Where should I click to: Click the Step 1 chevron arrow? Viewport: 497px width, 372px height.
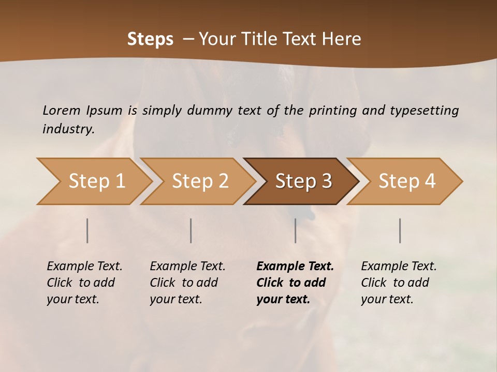(96, 181)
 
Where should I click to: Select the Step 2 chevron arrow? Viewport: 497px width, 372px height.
(200, 181)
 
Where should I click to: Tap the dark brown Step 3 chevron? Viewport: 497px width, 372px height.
(303, 181)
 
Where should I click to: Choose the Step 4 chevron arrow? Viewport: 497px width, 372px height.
(407, 181)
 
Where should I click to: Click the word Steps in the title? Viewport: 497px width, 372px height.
(150, 39)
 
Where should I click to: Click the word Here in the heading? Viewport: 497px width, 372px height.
(341, 39)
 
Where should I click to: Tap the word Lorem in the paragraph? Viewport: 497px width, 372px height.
(62, 110)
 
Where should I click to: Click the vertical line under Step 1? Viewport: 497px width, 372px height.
(87, 230)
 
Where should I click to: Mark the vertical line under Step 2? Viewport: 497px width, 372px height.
(191, 230)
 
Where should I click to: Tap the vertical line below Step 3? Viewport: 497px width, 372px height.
(296, 230)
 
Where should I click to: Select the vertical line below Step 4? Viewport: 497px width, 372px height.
(400, 230)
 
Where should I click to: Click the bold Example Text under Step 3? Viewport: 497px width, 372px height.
(295, 267)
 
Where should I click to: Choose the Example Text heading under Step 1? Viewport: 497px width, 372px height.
(84, 267)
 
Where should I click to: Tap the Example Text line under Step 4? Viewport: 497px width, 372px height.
(399, 267)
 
